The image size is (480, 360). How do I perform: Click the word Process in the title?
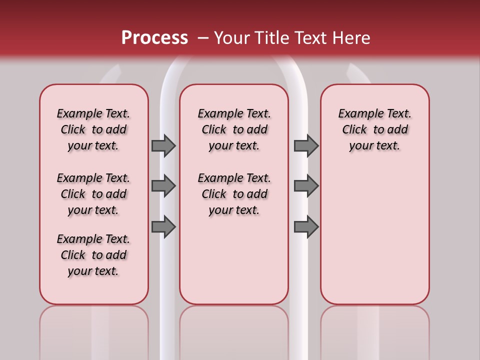154,38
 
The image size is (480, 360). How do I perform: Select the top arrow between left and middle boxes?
163,145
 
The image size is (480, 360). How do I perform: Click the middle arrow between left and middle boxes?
163,186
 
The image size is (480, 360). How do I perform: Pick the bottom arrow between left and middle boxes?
163,226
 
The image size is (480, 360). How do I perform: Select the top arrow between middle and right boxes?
306,145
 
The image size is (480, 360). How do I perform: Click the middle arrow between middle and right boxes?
306,186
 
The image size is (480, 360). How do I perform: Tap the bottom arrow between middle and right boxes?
306,226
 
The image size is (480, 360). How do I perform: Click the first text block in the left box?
93,129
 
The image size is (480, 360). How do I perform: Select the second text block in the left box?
93,194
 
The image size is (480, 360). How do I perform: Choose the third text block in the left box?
93,255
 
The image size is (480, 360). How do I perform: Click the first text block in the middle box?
234,129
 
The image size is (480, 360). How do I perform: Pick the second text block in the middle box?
234,194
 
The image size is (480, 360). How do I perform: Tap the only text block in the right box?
374,129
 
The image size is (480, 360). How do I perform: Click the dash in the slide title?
202,38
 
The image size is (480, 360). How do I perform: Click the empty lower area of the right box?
374,235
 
